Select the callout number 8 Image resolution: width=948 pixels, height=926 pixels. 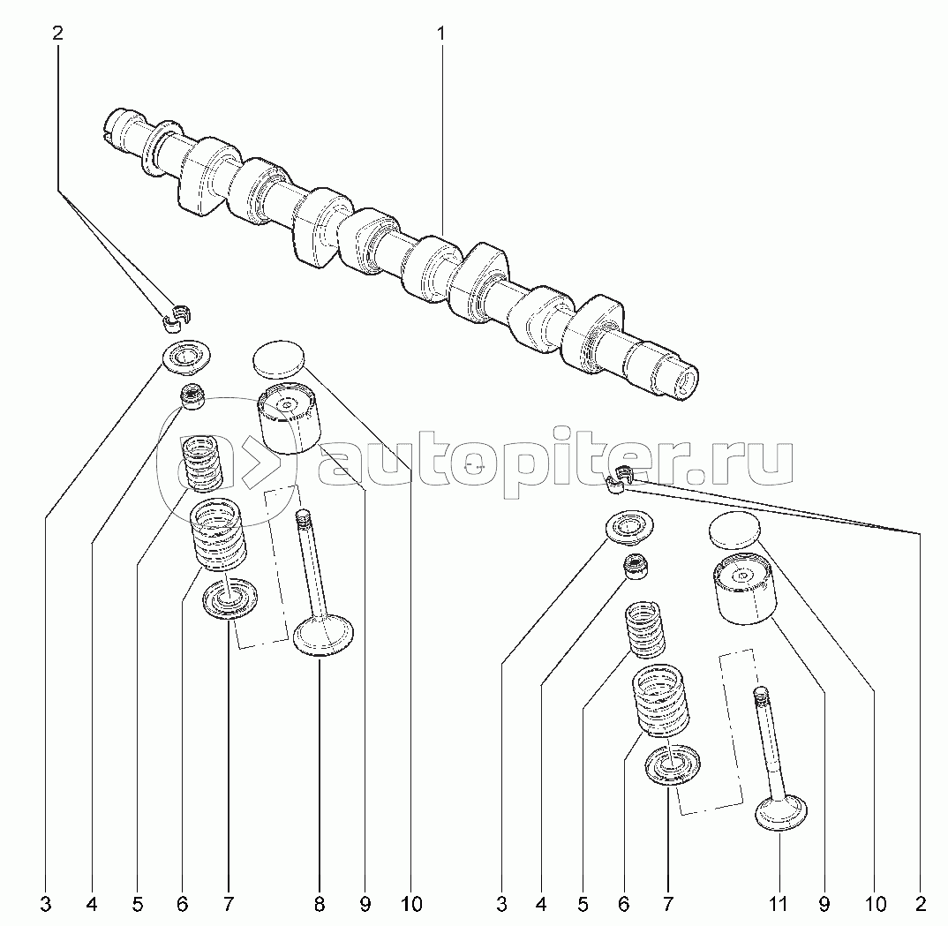click(319, 903)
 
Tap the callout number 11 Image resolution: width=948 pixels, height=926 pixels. click(778, 903)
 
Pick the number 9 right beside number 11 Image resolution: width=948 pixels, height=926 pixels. click(824, 903)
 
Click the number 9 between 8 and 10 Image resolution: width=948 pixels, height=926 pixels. click(365, 903)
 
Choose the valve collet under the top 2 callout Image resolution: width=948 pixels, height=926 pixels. click(179, 314)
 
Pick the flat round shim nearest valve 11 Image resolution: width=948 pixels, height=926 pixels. click(734, 529)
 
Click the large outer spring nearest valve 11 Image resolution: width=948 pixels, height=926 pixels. click(661, 702)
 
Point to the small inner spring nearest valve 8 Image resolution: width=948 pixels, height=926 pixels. click(200, 461)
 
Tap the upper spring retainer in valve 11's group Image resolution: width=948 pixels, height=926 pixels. click(631, 527)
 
